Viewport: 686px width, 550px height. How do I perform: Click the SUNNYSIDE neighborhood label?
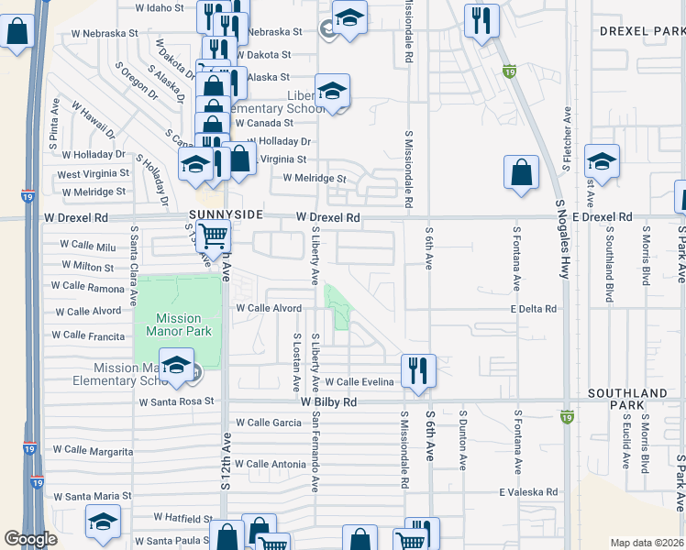[226, 214]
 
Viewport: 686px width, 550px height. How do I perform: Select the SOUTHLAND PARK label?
[627, 399]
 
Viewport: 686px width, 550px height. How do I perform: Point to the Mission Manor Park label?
[178, 325]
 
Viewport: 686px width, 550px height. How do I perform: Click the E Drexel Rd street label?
[603, 216]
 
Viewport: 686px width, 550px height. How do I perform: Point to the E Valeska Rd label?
[528, 492]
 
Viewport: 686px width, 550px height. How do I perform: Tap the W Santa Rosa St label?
[176, 401]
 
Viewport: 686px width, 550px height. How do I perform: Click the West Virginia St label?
[93, 173]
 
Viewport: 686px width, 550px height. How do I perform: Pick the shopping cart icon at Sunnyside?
[214, 236]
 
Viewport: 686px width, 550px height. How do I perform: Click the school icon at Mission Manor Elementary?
[176, 366]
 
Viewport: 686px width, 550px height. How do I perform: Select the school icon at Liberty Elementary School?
[332, 91]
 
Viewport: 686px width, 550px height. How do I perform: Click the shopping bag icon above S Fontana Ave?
[521, 172]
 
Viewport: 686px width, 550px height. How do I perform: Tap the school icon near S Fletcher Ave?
[602, 163]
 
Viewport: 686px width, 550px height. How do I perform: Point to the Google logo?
[31, 539]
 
